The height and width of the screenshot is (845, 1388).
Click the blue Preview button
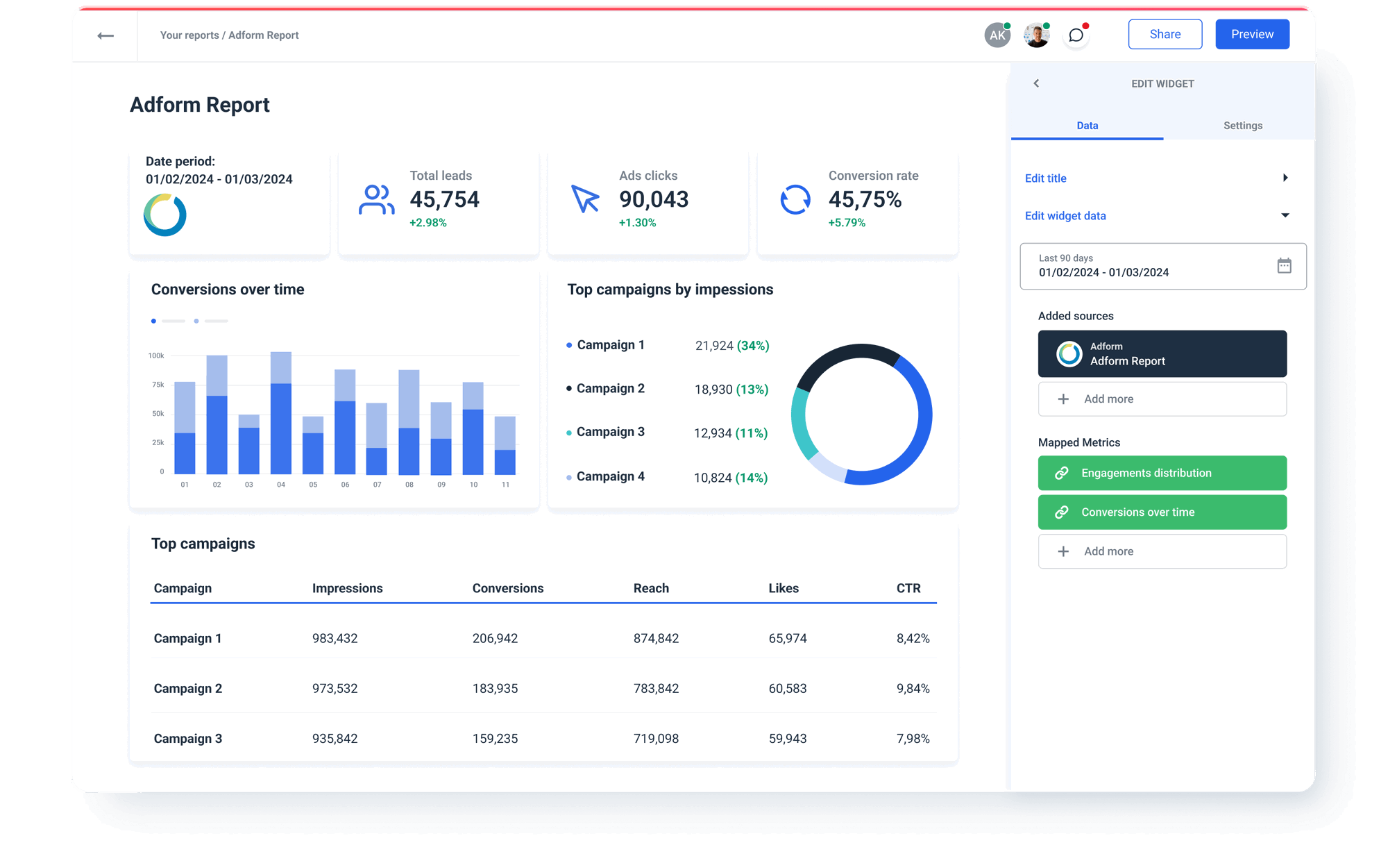pos(1252,34)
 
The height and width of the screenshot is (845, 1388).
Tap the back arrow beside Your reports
pos(105,35)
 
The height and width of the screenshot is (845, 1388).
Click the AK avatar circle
pos(997,35)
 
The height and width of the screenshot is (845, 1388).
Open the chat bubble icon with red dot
pos(1076,35)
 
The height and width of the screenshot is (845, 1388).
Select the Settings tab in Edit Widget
pos(1242,126)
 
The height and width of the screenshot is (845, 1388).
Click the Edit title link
pos(1046,178)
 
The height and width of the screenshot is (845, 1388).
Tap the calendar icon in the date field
pos(1284,265)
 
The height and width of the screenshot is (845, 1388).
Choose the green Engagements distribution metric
pos(1162,473)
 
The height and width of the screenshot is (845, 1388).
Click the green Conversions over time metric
pos(1162,512)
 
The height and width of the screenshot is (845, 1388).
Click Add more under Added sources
pos(1162,399)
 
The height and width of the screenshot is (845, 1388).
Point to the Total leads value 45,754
pos(444,200)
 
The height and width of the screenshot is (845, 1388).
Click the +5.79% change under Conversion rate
pos(847,223)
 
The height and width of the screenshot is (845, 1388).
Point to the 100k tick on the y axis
pos(156,355)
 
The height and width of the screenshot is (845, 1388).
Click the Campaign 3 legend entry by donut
pos(610,432)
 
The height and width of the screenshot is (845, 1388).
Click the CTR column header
pos(908,588)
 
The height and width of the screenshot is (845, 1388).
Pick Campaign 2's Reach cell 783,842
pos(656,689)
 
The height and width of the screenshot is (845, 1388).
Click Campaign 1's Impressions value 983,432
pos(335,638)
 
